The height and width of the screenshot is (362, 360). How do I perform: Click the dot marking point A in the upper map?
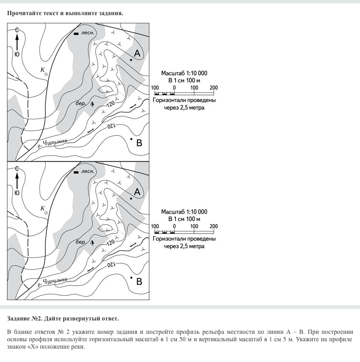coord(131,60)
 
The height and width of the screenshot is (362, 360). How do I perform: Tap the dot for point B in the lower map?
coord(131,278)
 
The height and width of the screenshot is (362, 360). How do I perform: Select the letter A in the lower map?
coord(137,192)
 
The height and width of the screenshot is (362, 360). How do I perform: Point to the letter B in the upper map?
coord(139,143)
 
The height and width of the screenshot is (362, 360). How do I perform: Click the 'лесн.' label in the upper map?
coord(88,33)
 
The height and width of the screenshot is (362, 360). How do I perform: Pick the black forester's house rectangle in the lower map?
coord(76,172)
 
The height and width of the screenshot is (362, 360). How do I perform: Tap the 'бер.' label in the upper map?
coord(81,103)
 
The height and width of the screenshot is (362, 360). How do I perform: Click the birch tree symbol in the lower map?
coord(92,242)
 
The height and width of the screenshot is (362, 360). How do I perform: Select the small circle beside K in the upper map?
coord(46,74)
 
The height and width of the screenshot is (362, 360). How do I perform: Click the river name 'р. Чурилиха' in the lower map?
coord(52,282)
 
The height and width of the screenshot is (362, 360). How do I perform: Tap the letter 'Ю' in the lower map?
coord(17,193)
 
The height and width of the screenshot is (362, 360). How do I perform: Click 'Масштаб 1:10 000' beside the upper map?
coord(184,73)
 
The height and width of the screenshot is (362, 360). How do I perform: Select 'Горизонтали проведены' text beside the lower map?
coord(184,239)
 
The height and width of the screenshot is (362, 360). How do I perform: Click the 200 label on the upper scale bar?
coord(214,88)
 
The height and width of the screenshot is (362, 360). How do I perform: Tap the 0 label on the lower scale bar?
coord(174,226)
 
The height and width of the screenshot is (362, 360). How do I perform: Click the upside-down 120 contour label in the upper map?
coord(111,126)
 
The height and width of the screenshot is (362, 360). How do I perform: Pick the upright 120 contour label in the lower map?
coord(111,242)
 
